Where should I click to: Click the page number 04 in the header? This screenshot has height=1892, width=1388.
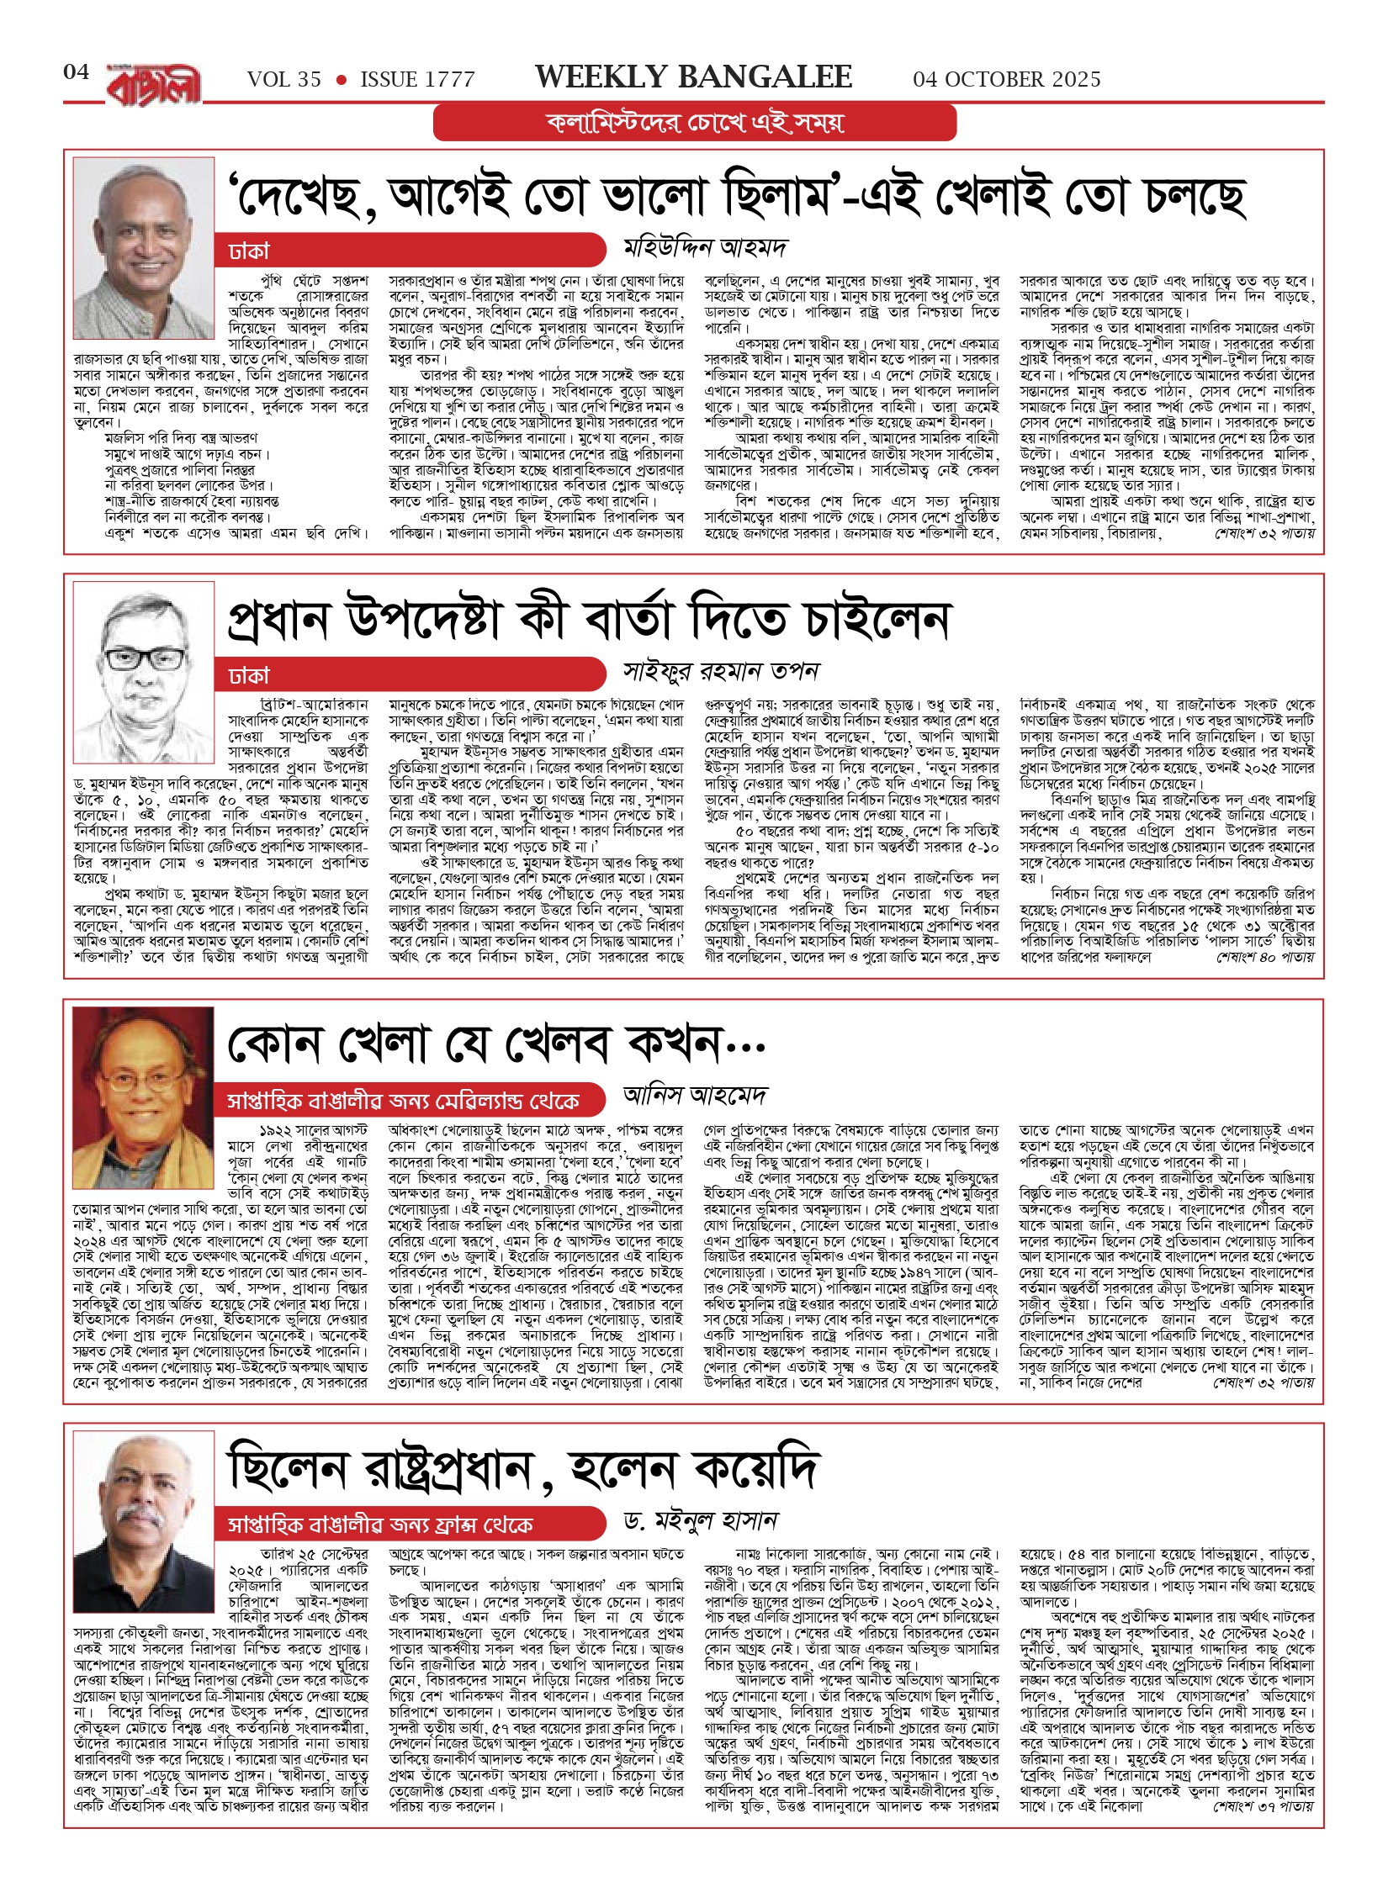76,72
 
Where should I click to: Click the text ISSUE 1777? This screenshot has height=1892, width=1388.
417,80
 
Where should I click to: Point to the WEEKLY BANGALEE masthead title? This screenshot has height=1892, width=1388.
693,77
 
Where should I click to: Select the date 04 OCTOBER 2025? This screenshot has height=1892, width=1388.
1006,80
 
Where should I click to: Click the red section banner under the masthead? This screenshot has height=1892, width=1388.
695,124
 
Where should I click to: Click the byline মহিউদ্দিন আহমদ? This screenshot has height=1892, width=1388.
705,248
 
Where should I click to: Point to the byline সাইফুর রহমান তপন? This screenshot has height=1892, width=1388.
721,672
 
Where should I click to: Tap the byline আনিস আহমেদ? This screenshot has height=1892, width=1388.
695,1096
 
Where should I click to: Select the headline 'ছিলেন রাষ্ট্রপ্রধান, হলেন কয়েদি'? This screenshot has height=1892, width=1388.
522,1470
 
